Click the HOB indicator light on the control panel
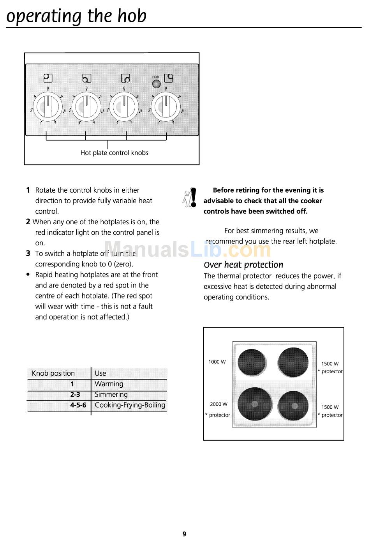pos(156,84)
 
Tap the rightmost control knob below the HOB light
pos(166,106)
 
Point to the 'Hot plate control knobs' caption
pos(114,153)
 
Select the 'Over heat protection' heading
pos(243,265)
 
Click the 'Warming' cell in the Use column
pos(109,384)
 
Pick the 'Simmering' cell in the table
pos(111,395)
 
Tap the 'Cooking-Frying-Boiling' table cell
pos(130,405)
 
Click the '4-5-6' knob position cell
pos(78,405)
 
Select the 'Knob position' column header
pos(53,373)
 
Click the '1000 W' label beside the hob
pos(217,362)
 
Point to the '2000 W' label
pos(218,404)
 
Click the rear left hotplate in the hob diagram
pos(252,362)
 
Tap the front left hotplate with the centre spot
pos(255,404)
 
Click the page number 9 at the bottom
pos(184,534)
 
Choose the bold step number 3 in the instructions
pos(28,254)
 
